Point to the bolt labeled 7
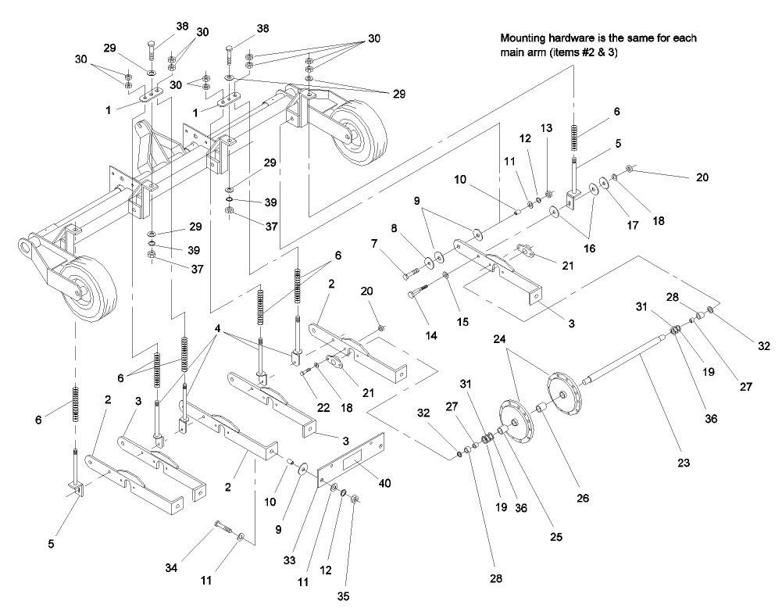[x=411, y=274]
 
